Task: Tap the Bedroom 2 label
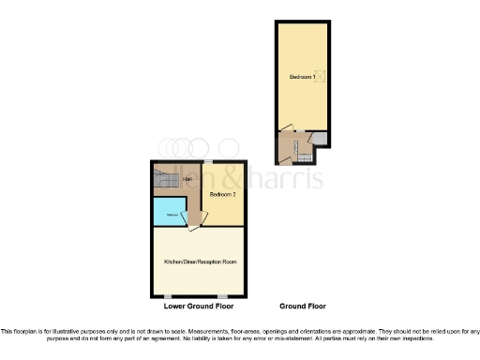click(x=222, y=195)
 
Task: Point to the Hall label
click(x=188, y=179)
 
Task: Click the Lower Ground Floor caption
click(x=199, y=307)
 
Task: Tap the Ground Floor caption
click(x=302, y=307)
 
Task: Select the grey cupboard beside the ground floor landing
click(x=321, y=140)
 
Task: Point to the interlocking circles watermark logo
click(x=186, y=148)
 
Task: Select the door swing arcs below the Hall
click(x=193, y=224)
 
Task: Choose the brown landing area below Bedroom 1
click(x=292, y=148)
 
